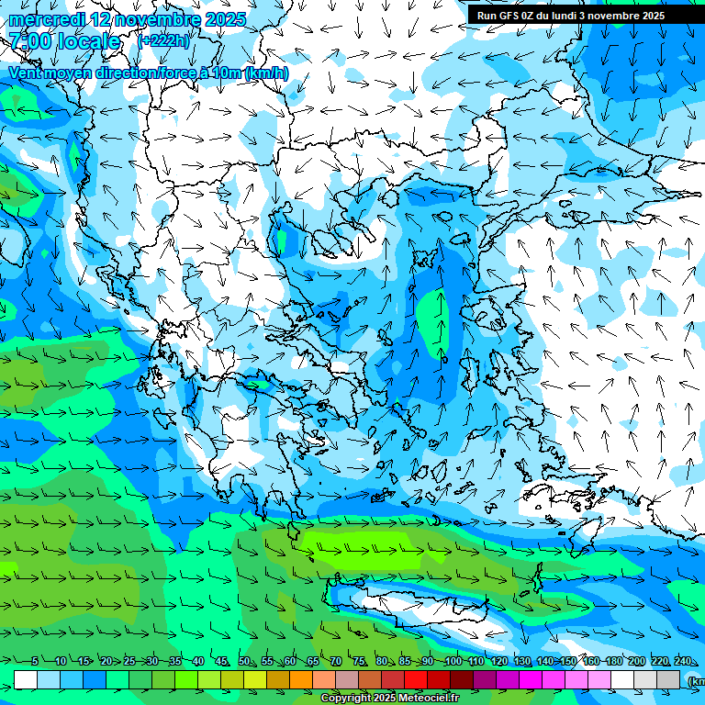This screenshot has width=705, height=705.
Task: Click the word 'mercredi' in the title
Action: pos(46,19)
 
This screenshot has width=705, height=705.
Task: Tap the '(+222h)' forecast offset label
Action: pos(164,40)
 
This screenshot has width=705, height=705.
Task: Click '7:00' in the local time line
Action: pos(28,41)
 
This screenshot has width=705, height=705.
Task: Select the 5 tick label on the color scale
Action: pos(35,662)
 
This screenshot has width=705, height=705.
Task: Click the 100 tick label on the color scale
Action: pos(453,662)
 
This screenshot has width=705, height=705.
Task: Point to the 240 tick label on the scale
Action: pos(683,662)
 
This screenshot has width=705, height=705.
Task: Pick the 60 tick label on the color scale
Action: pos(290,662)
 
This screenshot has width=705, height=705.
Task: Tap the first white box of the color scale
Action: pos(26,679)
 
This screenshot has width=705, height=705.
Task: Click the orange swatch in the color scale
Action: pos(301,679)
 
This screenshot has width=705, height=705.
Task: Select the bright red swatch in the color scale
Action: pos(416,679)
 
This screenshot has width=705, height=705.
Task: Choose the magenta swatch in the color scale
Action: pos(531,679)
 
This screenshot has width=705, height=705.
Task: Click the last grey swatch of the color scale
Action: pos(668,679)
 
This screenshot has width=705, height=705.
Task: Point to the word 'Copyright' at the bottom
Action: pos(347,699)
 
